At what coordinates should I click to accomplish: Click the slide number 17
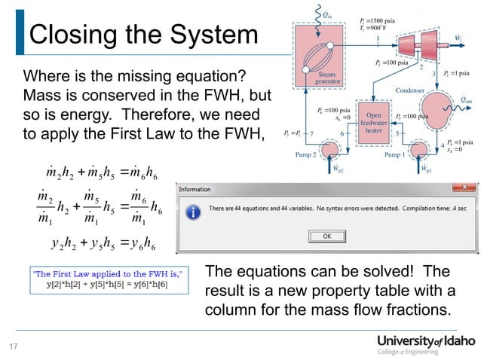pos(13,347)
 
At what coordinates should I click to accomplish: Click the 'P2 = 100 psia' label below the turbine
pos(392,63)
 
